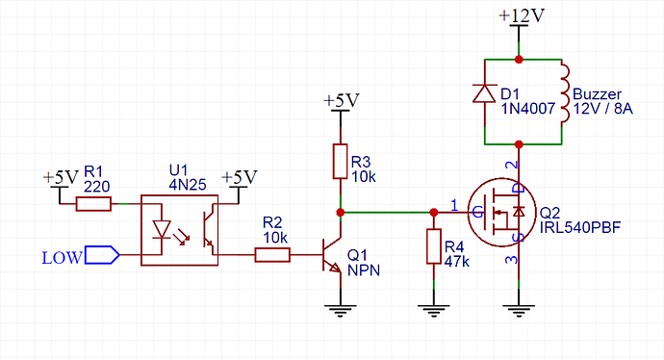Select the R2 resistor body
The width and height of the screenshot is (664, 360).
click(x=272, y=255)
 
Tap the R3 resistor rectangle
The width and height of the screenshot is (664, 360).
click(x=339, y=161)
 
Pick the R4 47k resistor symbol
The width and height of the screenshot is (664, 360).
click(x=433, y=247)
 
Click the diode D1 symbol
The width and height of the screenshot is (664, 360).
click(x=483, y=92)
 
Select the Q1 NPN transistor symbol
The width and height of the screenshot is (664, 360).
click(x=332, y=254)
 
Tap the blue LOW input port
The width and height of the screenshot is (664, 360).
click(x=101, y=256)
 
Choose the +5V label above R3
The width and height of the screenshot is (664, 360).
click(x=341, y=100)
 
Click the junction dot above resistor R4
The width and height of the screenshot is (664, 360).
click(x=433, y=211)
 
